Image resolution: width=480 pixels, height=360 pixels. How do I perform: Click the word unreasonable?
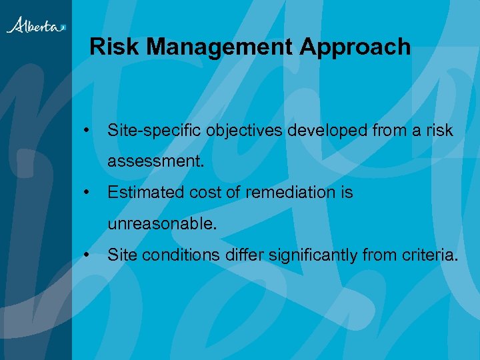(x=162, y=224)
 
